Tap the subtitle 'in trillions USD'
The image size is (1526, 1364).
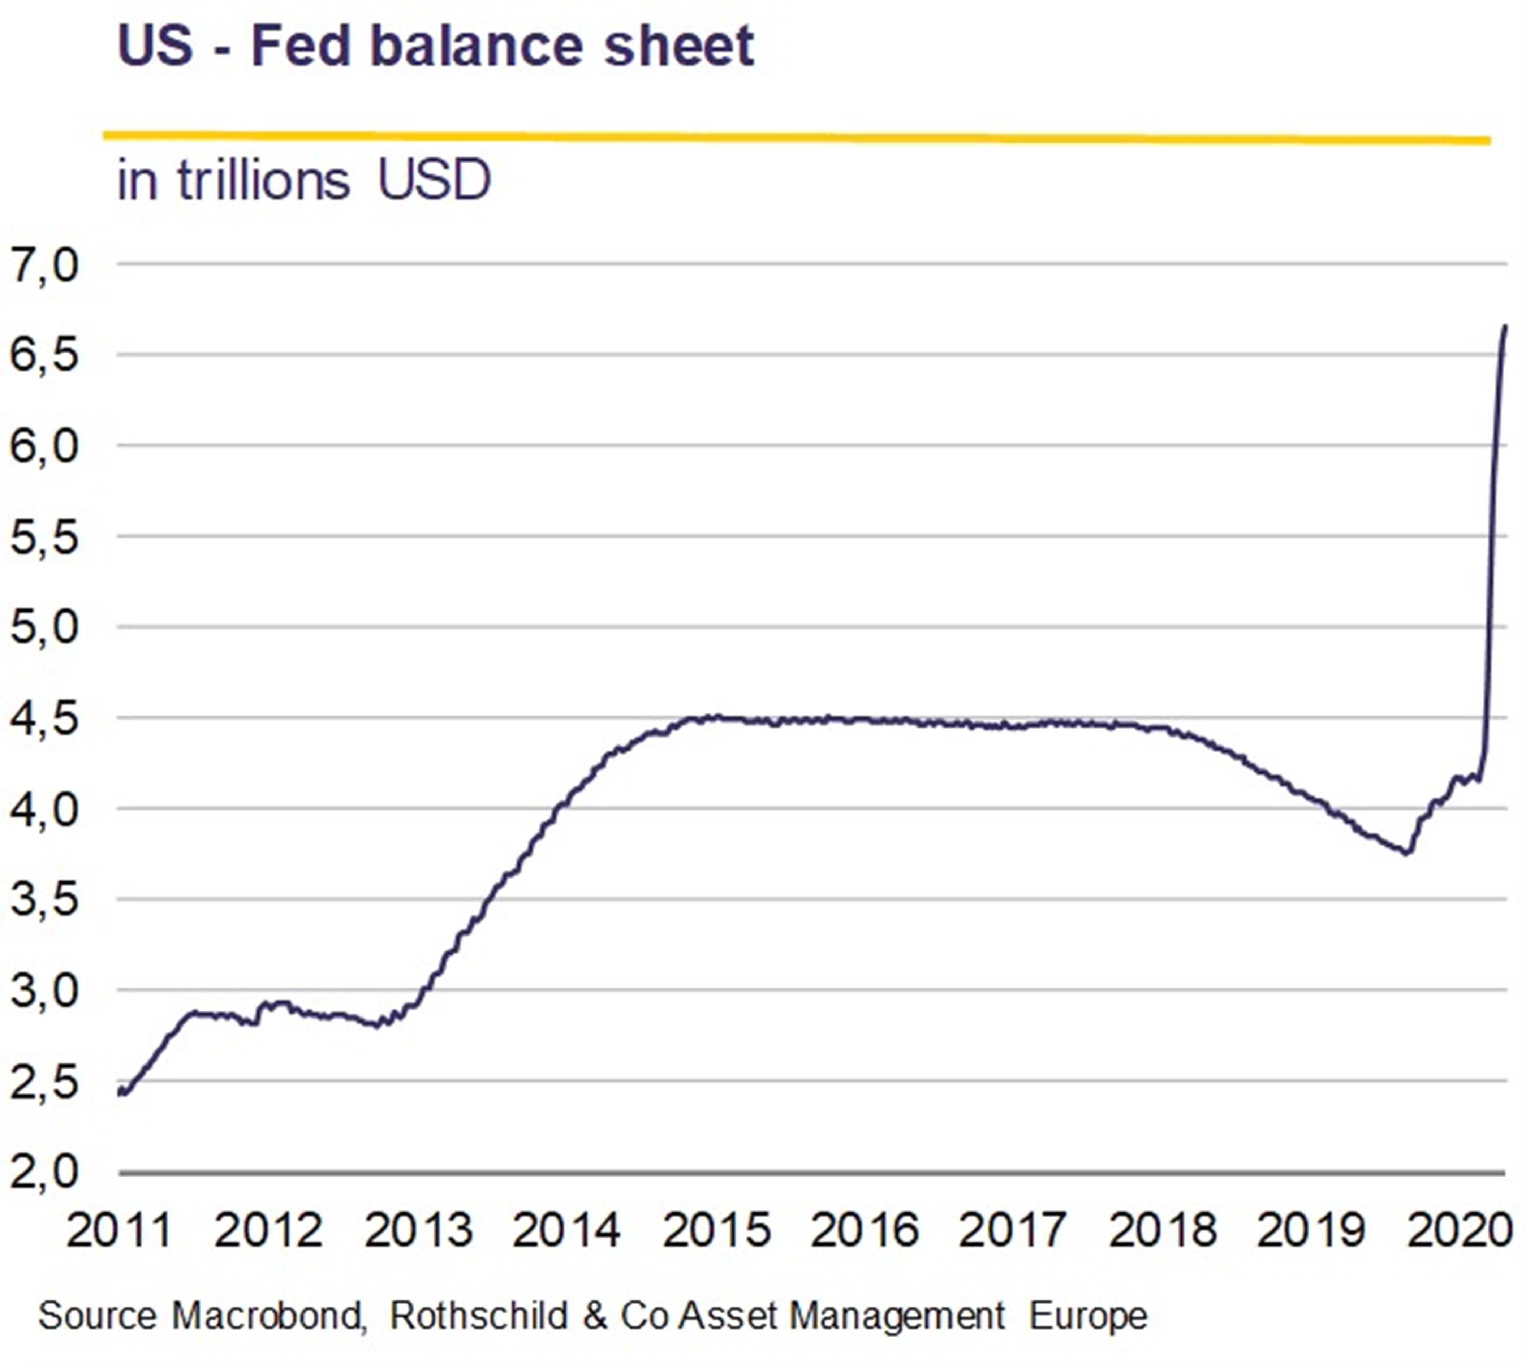tap(303, 181)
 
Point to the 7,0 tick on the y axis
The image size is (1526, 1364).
tap(43, 264)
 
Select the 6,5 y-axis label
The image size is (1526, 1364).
tap(43, 355)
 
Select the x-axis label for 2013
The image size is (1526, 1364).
tap(418, 1231)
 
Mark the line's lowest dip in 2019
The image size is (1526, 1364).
tap(1406, 853)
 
